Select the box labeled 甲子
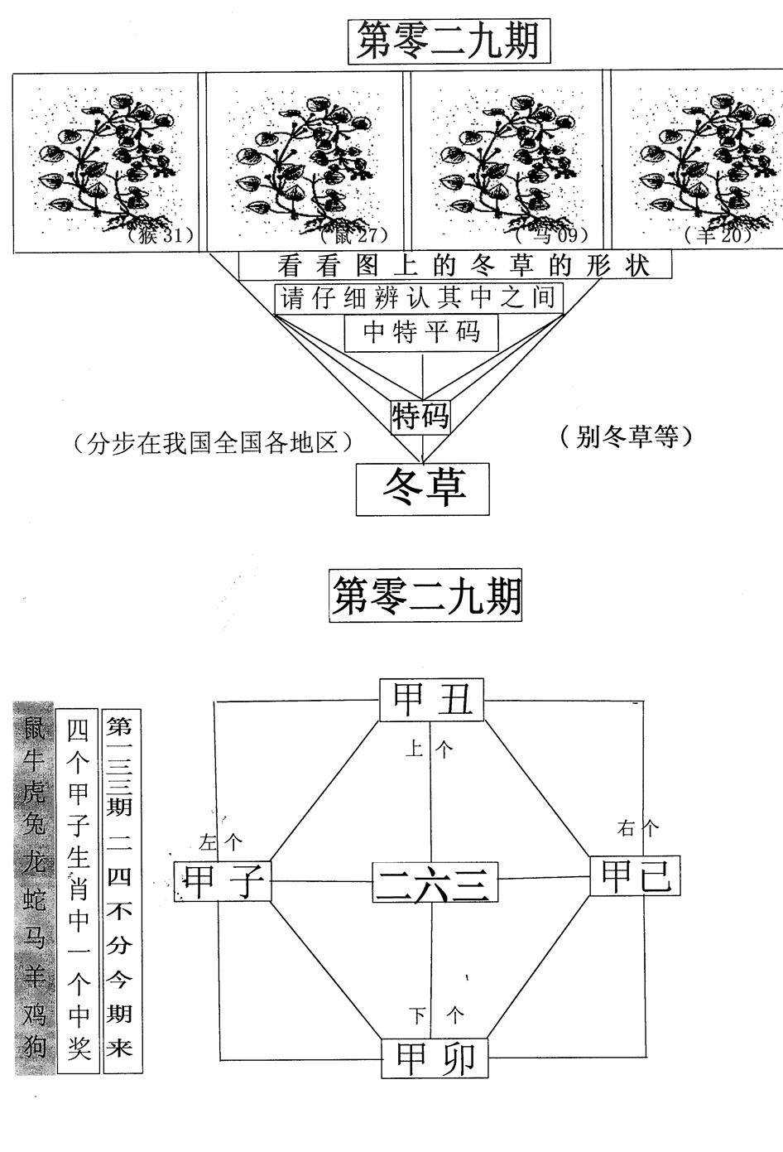(x=223, y=880)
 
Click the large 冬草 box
(x=424, y=489)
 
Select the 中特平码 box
(x=422, y=333)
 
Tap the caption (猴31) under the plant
(x=161, y=236)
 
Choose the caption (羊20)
(x=718, y=236)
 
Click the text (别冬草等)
(x=624, y=436)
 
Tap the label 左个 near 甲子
(x=221, y=843)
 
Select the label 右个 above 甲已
(x=638, y=827)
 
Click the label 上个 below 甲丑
(x=429, y=750)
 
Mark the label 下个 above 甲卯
(x=438, y=1015)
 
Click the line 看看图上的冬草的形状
(x=454, y=266)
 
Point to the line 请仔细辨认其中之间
(x=419, y=298)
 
